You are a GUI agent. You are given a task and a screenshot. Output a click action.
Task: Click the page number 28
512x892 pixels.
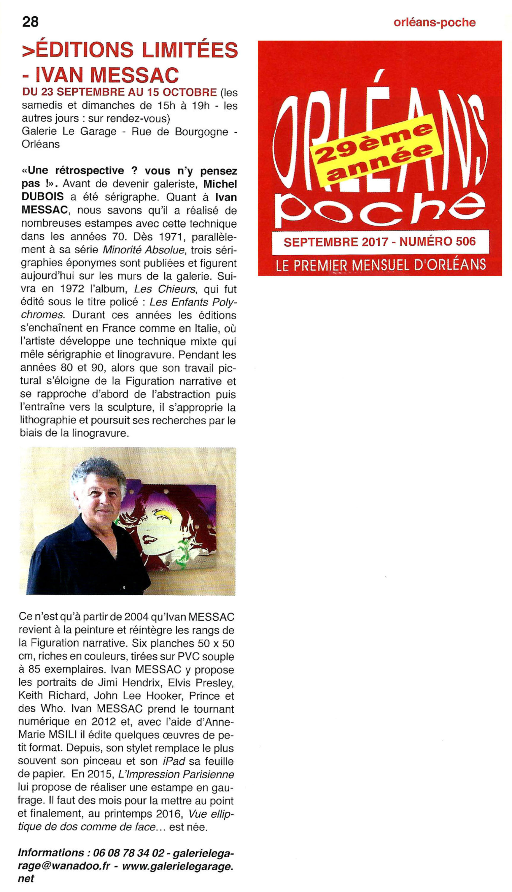[x=30, y=22]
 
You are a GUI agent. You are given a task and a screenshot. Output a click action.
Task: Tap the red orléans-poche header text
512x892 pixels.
[x=434, y=23]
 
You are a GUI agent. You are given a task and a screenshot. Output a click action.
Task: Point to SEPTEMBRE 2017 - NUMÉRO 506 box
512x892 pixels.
[x=380, y=242]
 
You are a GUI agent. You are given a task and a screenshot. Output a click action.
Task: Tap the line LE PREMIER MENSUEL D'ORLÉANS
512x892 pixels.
[x=381, y=265]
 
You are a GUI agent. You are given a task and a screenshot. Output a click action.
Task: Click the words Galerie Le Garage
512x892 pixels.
[x=69, y=132]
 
